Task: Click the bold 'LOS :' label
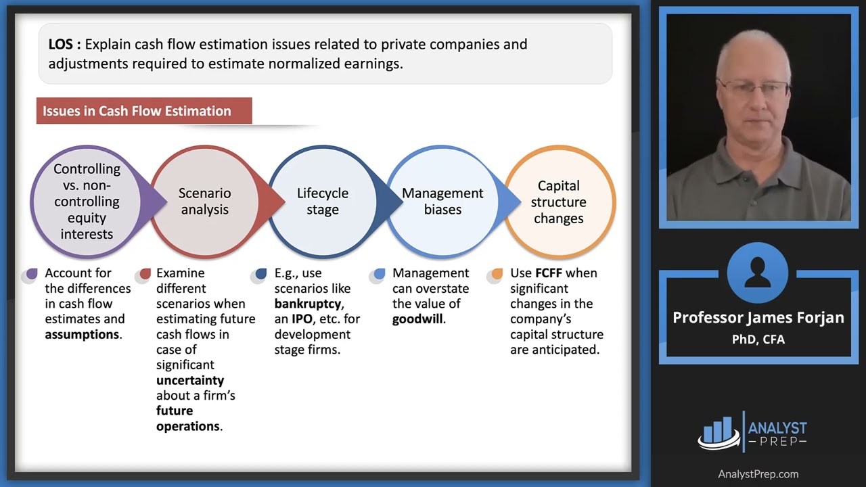coord(65,45)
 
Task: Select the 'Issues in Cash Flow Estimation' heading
coord(137,111)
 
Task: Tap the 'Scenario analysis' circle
coord(204,202)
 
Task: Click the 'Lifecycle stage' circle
coord(323,202)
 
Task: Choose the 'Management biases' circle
coord(442,202)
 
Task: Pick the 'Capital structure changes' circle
coord(559,202)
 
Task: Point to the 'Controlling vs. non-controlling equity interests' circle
coord(87,202)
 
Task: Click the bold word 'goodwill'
coord(418,319)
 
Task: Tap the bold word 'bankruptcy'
coord(309,304)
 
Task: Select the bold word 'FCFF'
coord(549,273)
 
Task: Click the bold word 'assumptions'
coord(82,334)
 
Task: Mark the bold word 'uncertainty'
coord(190,380)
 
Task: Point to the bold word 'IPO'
coord(302,319)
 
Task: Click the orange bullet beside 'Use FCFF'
coord(497,274)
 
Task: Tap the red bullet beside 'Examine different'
coord(145,274)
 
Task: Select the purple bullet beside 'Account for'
coord(31,274)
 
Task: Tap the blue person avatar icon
coord(758,273)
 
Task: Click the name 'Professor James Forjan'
coord(758,318)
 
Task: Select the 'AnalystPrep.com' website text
coord(758,474)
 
